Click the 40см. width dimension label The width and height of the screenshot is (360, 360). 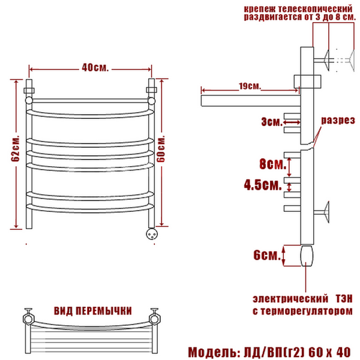click(95, 67)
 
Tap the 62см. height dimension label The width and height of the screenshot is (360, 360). click(15, 149)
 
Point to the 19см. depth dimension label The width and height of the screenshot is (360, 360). click(250, 86)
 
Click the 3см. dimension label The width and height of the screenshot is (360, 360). click(272, 122)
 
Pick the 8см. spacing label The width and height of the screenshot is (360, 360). click(273, 164)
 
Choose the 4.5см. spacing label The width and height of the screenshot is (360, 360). click(263, 184)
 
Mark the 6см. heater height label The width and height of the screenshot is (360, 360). click(267, 254)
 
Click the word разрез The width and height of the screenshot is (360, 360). click(338, 121)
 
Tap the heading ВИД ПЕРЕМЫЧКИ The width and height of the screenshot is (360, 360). click(93, 311)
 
